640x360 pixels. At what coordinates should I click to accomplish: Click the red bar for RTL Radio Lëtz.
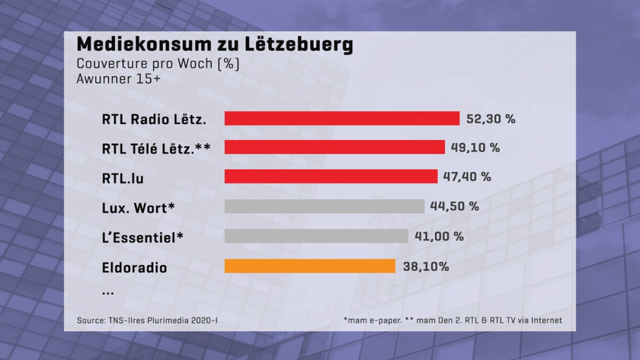(x=342, y=119)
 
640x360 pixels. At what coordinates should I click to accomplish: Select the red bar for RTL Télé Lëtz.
(x=335, y=147)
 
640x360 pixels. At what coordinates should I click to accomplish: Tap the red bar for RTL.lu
(x=331, y=177)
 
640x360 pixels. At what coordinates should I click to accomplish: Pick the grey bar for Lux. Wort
(x=324, y=206)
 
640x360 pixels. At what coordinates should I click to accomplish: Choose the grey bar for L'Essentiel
(x=316, y=236)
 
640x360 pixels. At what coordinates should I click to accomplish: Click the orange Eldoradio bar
(x=310, y=266)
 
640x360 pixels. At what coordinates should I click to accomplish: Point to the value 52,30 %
(x=490, y=119)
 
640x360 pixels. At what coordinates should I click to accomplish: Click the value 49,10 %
(x=475, y=148)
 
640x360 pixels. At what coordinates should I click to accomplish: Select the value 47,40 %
(x=466, y=177)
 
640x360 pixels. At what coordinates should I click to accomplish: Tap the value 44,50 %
(x=454, y=206)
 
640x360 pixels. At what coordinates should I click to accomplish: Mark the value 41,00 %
(x=439, y=236)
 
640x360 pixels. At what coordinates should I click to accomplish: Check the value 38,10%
(x=426, y=266)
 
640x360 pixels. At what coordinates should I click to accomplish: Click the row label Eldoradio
(x=134, y=268)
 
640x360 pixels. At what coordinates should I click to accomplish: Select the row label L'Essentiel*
(x=143, y=238)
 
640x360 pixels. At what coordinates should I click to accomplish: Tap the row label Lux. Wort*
(x=138, y=208)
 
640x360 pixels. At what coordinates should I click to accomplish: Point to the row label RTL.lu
(x=123, y=179)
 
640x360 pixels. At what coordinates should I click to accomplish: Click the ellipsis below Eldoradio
(x=108, y=293)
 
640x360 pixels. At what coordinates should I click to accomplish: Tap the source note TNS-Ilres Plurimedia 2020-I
(x=147, y=320)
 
